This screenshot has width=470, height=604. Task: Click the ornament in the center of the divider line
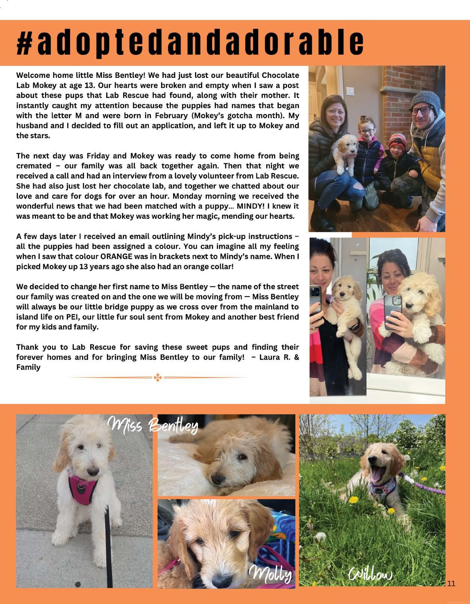point(157,378)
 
